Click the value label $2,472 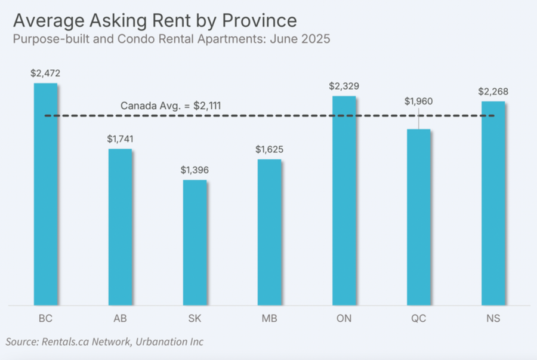[x=45, y=73]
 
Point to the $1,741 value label [x=120, y=139]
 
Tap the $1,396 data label [x=195, y=170]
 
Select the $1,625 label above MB [x=269, y=149]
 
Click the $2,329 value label [x=344, y=86]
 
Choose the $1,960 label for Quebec [x=418, y=101]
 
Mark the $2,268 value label [x=493, y=91]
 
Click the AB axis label [x=120, y=319]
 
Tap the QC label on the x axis [x=418, y=319]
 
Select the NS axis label [x=493, y=319]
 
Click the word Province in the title [x=258, y=21]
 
